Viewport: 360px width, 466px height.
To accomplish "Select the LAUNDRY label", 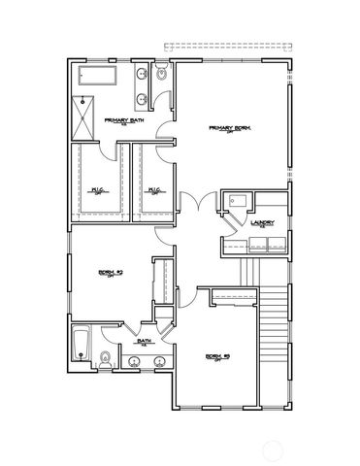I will click(261, 223).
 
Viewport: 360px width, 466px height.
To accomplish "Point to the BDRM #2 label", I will click(215, 356).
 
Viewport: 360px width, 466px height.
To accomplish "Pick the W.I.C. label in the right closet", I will click(154, 190).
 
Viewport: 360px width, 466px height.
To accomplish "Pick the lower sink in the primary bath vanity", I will click(144, 97).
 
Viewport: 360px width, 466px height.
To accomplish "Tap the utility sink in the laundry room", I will click(231, 201).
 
